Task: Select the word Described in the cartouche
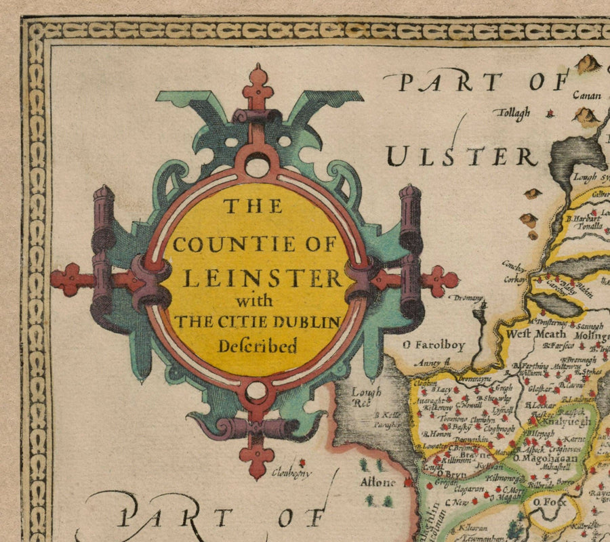tap(257, 346)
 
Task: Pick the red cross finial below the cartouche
tap(257, 458)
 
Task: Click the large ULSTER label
tap(462, 157)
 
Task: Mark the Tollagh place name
tap(514, 112)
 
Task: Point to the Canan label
tap(587, 96)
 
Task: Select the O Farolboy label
tap(434, 346)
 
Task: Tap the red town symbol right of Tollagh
tap(550, 114)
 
